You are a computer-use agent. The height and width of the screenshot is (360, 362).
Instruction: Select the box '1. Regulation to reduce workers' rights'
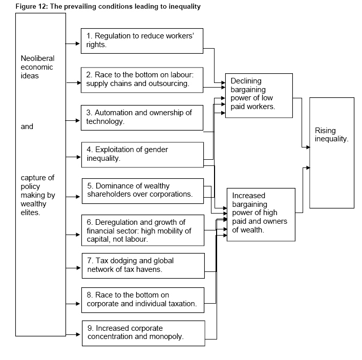(141, 40)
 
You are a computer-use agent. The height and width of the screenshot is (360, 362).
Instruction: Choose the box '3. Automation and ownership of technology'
(141, 117)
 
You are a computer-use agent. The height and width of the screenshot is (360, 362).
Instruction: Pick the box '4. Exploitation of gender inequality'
(141, 154)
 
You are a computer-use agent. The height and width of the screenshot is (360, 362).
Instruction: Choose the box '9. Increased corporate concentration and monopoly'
(142, 332)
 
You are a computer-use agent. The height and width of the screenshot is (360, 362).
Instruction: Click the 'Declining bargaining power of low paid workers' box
(259, 95)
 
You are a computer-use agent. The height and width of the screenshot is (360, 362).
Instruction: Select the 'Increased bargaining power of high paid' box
(261, 214)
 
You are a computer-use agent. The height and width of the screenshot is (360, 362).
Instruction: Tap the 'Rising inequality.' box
(331, 152)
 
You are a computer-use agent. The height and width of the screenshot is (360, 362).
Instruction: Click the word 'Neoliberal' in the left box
(37, 58)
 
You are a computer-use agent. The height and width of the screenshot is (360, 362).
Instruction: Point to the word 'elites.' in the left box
(30, 213)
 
